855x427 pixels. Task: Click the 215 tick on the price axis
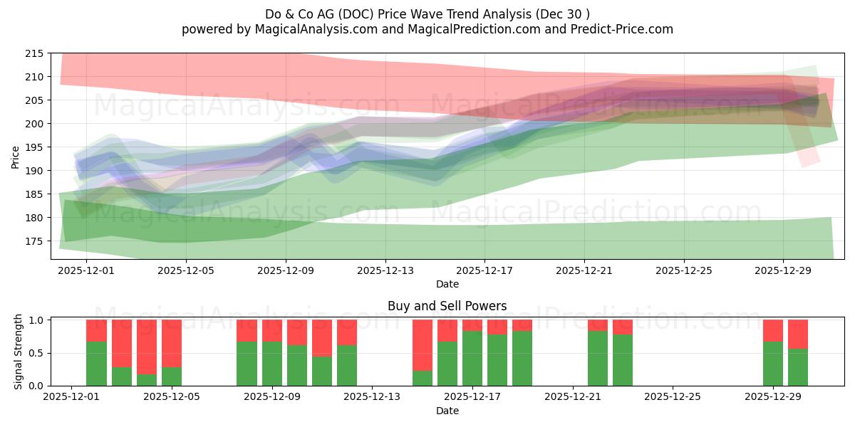click(x=34, y=53)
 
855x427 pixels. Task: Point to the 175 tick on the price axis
click(x=34, y=241)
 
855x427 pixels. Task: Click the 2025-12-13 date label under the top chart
click(x=385, y=270)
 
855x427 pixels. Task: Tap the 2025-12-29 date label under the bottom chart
click(x=773, y=397)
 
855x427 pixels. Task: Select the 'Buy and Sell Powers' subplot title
click(x=447, y=306)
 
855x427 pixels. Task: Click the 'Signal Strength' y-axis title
click(x=19, y=352)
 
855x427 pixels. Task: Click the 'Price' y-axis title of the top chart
click(x=16, y=157)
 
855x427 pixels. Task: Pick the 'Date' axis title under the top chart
click(x=447, y=284)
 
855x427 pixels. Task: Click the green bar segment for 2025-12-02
click(x=96, y=364)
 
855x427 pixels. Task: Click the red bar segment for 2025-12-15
click(x=423, y=345)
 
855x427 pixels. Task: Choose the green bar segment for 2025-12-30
click(x=798, y=367)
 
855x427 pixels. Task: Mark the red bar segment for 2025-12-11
click(x=322, y=338)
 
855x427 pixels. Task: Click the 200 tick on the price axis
click(x=34, y=124)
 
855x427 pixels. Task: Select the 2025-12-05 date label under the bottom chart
click(x=172, y=397)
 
